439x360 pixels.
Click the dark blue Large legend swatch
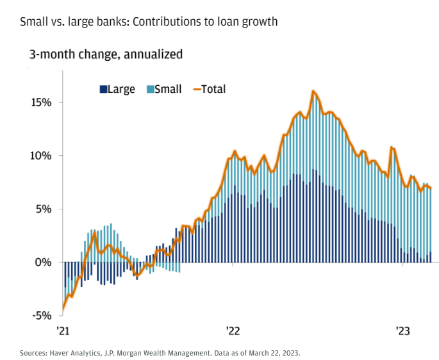(103, 90)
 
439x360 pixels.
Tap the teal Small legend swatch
(150, 90)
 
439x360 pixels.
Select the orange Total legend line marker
(196, 90)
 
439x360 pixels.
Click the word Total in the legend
(213, 90)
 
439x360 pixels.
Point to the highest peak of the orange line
(313, 91)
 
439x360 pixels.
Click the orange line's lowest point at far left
(63, 311)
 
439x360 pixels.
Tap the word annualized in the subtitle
(151, 54)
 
